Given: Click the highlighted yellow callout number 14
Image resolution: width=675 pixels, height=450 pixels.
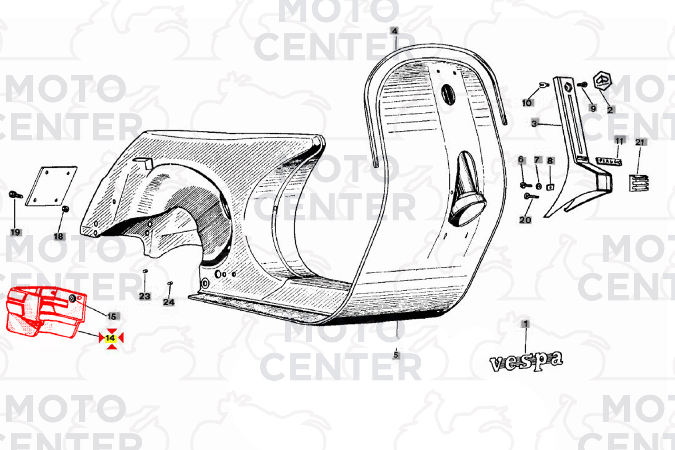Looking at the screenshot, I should [x=111, y=337].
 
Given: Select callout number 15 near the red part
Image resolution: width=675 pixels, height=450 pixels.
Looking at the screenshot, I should [x=112, y=316].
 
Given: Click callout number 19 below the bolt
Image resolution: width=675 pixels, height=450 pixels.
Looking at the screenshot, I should [x=15, y=232].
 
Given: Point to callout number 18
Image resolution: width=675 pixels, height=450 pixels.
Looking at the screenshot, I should [x=58, y=236].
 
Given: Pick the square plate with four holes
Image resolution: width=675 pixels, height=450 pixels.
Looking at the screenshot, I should [x=52, y=186].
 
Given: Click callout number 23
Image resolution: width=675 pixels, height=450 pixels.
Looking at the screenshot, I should [x=145, y=296].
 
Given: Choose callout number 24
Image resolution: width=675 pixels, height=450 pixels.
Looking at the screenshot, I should [x=168, y=302].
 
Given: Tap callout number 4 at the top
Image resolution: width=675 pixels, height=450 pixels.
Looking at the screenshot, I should [x=394, y=31].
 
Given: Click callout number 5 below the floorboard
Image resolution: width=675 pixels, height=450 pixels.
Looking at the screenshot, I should [x=396, y=355].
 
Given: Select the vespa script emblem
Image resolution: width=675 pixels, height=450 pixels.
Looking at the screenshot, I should [x=526, y=361].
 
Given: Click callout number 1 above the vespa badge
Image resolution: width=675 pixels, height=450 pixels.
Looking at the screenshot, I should [x=525, y=324].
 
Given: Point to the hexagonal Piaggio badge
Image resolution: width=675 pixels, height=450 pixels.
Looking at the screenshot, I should [x=602, y=81].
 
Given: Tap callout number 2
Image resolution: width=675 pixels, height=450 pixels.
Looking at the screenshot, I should [x=610, y=110].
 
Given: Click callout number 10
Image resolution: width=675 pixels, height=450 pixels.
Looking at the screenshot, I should [x=527, y=102].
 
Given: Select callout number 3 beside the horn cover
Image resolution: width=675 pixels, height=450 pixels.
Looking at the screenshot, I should [x=534, y=123].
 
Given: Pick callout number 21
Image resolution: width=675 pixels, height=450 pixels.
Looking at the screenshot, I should [x=640, y=142].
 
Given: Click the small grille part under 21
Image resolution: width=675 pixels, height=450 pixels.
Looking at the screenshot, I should [x=638, y=183].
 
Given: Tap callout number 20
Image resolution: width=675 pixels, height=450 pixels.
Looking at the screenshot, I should [x=525, y=220].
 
